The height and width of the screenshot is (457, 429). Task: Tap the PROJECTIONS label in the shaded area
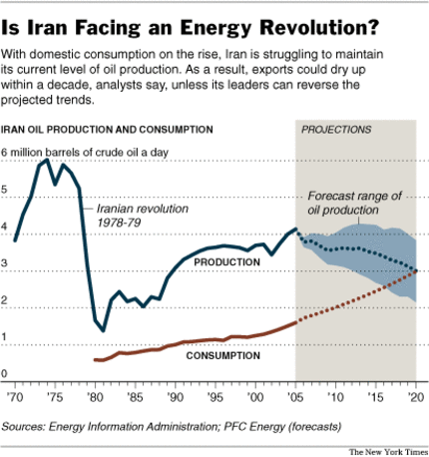(x=336, y=130)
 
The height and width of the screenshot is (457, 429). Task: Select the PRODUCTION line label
(x=226, y=262)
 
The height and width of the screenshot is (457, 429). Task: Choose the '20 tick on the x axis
(x=412, y=396)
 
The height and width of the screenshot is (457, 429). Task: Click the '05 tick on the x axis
(x=298, y=396)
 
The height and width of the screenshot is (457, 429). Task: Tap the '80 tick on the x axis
(x=96, y=396)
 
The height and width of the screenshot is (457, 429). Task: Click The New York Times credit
(x=387, y=450)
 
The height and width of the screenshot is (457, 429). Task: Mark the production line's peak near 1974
(x=48, y=160)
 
